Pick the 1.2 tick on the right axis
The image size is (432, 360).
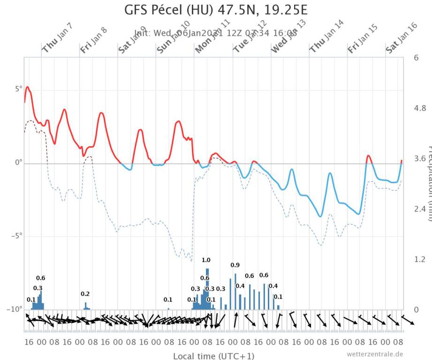click(x=418, y=259)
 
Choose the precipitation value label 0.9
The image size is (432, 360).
click(x=235, y=265)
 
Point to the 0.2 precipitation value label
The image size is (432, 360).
click(x=85, y=294)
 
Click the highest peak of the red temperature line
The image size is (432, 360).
click(x=28, y=87)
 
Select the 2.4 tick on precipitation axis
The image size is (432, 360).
click(x=418, y=209)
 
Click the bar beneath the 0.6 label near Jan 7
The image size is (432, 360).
click(x=41, y=300)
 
